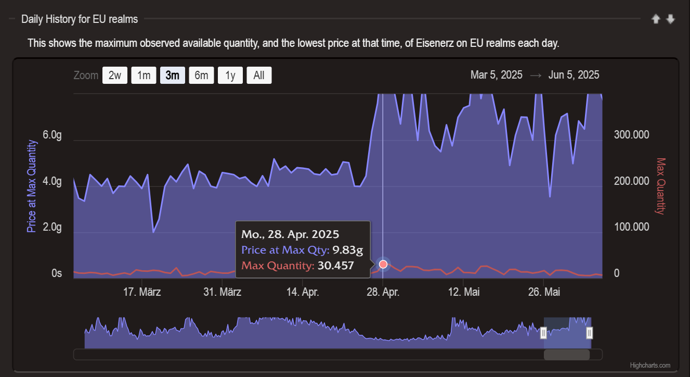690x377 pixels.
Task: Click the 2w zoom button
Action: tap(115, 76)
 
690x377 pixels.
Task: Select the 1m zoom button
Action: tap(144, 76)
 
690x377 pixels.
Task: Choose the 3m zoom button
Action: tap(173, 76)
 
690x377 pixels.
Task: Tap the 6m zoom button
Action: tap(201, 76)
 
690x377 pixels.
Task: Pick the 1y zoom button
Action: tap(230, 76)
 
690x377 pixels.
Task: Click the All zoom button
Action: tap(259, 76)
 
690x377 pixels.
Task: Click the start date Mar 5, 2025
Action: tap(496, 75)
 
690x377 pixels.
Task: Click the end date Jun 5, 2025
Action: tap(574, 75)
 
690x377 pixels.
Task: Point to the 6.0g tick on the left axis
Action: tap(53, 135)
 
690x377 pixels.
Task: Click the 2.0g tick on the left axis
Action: tap(53, 228)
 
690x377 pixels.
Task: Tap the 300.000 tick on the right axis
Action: tap(632, 135)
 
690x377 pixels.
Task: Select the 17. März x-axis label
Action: tap(142, 292)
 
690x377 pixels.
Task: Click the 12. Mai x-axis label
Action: tap(464, 292)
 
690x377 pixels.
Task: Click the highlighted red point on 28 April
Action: tap(384, 264)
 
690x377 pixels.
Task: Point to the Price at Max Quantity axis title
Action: tap(32, 186)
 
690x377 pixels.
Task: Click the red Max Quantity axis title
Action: tap(661, 186)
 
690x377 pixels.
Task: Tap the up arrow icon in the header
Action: tap(656, 19)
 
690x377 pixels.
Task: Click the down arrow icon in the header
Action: tap(671, 19)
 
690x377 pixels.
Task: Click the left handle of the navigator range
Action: tap(543, 333)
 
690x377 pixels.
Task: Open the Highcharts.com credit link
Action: tap(650, 366)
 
